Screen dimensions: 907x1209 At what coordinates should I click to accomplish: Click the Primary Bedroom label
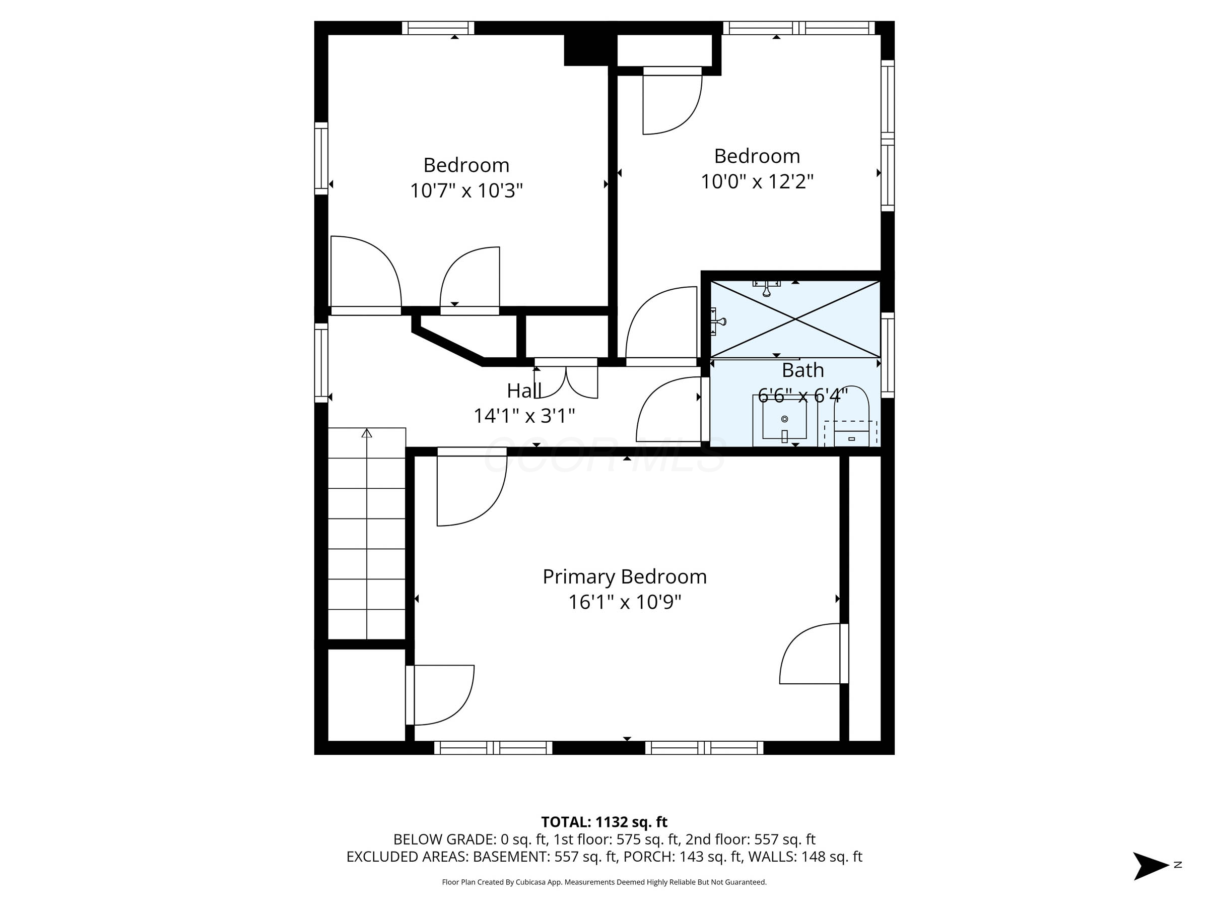(624, 577)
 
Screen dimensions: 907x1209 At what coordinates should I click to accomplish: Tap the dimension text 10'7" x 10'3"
(466, 191)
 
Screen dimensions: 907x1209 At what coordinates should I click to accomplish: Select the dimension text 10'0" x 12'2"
(757, 181)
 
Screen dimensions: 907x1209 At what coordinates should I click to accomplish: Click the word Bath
(802, 371)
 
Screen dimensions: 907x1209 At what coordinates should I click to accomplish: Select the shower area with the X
(795, 319)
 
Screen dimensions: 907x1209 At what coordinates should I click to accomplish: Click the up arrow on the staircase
(367, 433)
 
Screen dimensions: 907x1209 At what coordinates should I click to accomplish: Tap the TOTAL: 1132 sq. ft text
(604, 822)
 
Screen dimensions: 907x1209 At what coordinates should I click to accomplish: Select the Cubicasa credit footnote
(604, 882)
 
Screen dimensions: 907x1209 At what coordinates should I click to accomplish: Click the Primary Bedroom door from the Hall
(471, 487)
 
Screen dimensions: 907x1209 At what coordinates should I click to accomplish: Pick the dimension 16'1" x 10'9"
(624, 603)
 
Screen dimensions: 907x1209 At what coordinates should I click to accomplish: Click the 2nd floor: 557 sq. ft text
(750, 839)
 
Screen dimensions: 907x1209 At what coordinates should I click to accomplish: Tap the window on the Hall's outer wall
(321, 362)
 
